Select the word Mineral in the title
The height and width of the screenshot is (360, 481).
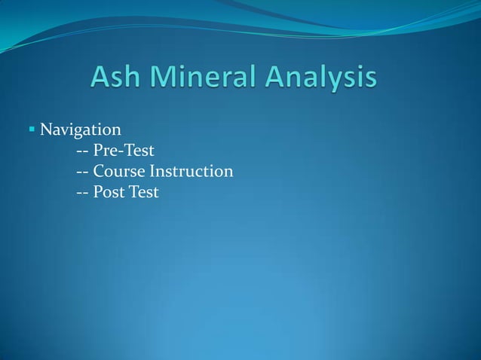[x=205, y=78]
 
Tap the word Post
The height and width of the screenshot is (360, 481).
[x=109, y=192]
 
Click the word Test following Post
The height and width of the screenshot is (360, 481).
[x=143, y=192]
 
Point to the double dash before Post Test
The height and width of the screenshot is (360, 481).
[x=83, y=194]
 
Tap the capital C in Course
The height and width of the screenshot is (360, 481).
[x=100, y=172]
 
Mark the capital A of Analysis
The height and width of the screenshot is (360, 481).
[x=272, y=78]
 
